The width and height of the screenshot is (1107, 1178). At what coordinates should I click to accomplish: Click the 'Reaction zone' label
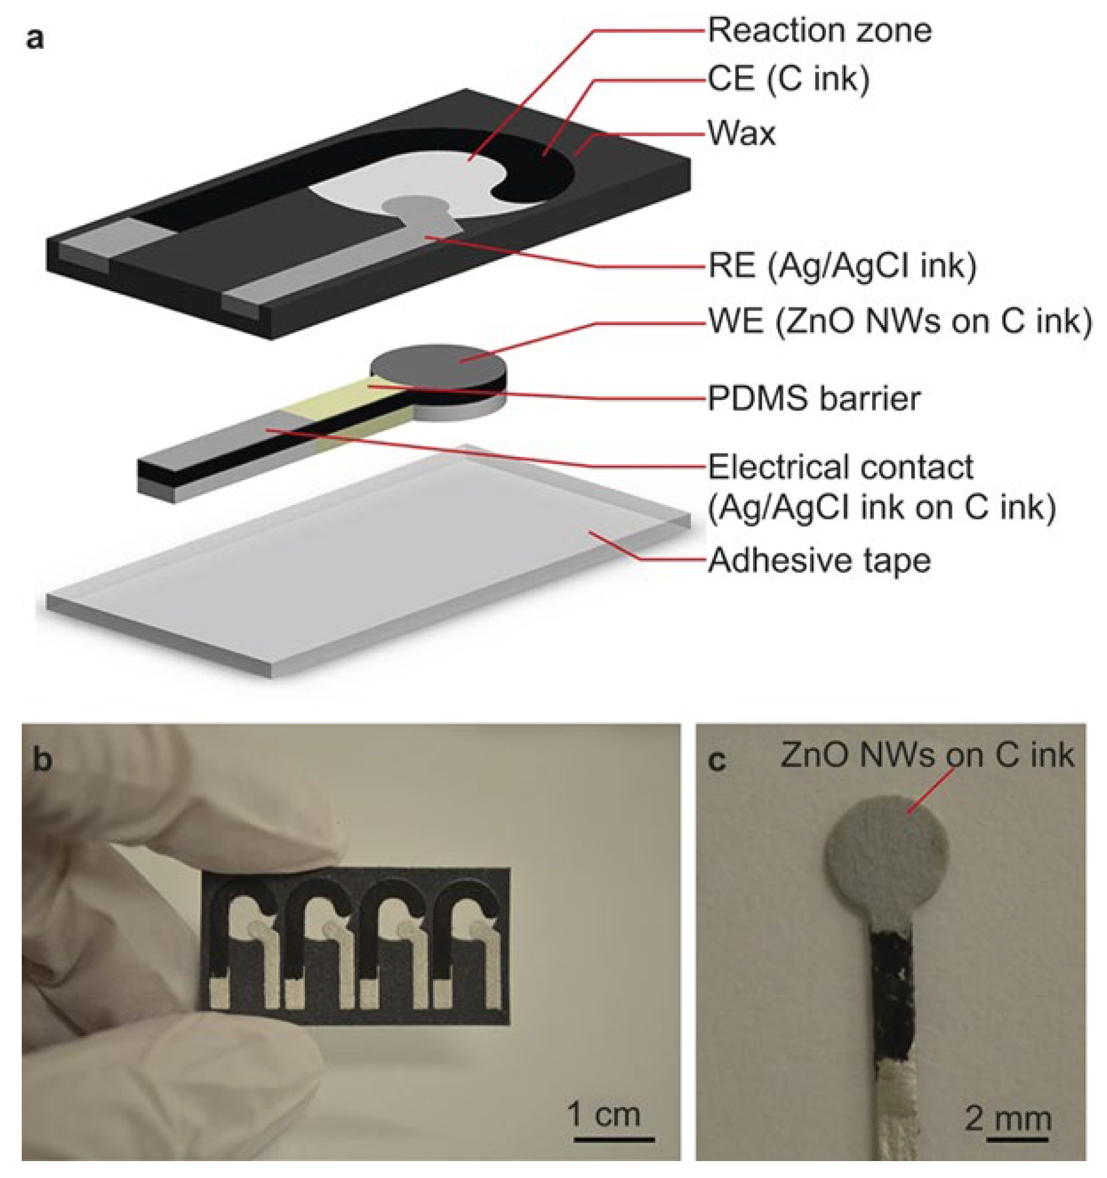pyautogui.click(x=819, y=30)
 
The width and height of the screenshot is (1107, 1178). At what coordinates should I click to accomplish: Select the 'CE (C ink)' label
pyautogui.click(x=788, y=79)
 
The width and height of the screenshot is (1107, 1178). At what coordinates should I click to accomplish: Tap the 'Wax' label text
pyautogui.click(x=742, y=133)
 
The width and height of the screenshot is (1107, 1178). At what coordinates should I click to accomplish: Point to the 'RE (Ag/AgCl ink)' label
pyautogui.click(x=842, y=266)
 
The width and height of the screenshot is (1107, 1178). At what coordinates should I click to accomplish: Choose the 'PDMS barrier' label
pyautogui.click(x=813, y=399)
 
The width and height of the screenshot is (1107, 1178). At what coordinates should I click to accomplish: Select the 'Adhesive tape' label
pyautogui.click(x=819, y=561)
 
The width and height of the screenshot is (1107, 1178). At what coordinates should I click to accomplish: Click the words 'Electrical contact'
pyautogui.click(x=840, y=468)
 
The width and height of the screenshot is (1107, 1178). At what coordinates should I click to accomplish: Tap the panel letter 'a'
pyautogui.click(x=35, y=39)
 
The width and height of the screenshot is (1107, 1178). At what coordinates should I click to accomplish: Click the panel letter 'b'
pyautogui.click(x=42, y=759)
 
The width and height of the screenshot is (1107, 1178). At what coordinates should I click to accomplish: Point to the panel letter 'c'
pyautogui.click(x=716, y=761)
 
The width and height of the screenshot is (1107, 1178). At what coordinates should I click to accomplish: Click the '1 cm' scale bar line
pyautogui.click(x=614, y=1139)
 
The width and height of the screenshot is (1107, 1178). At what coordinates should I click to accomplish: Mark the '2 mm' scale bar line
pyautogui.click(x=1018, y=1139)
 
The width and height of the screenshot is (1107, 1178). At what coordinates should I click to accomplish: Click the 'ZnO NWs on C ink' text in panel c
pyautogui.click(x=927, y=755)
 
